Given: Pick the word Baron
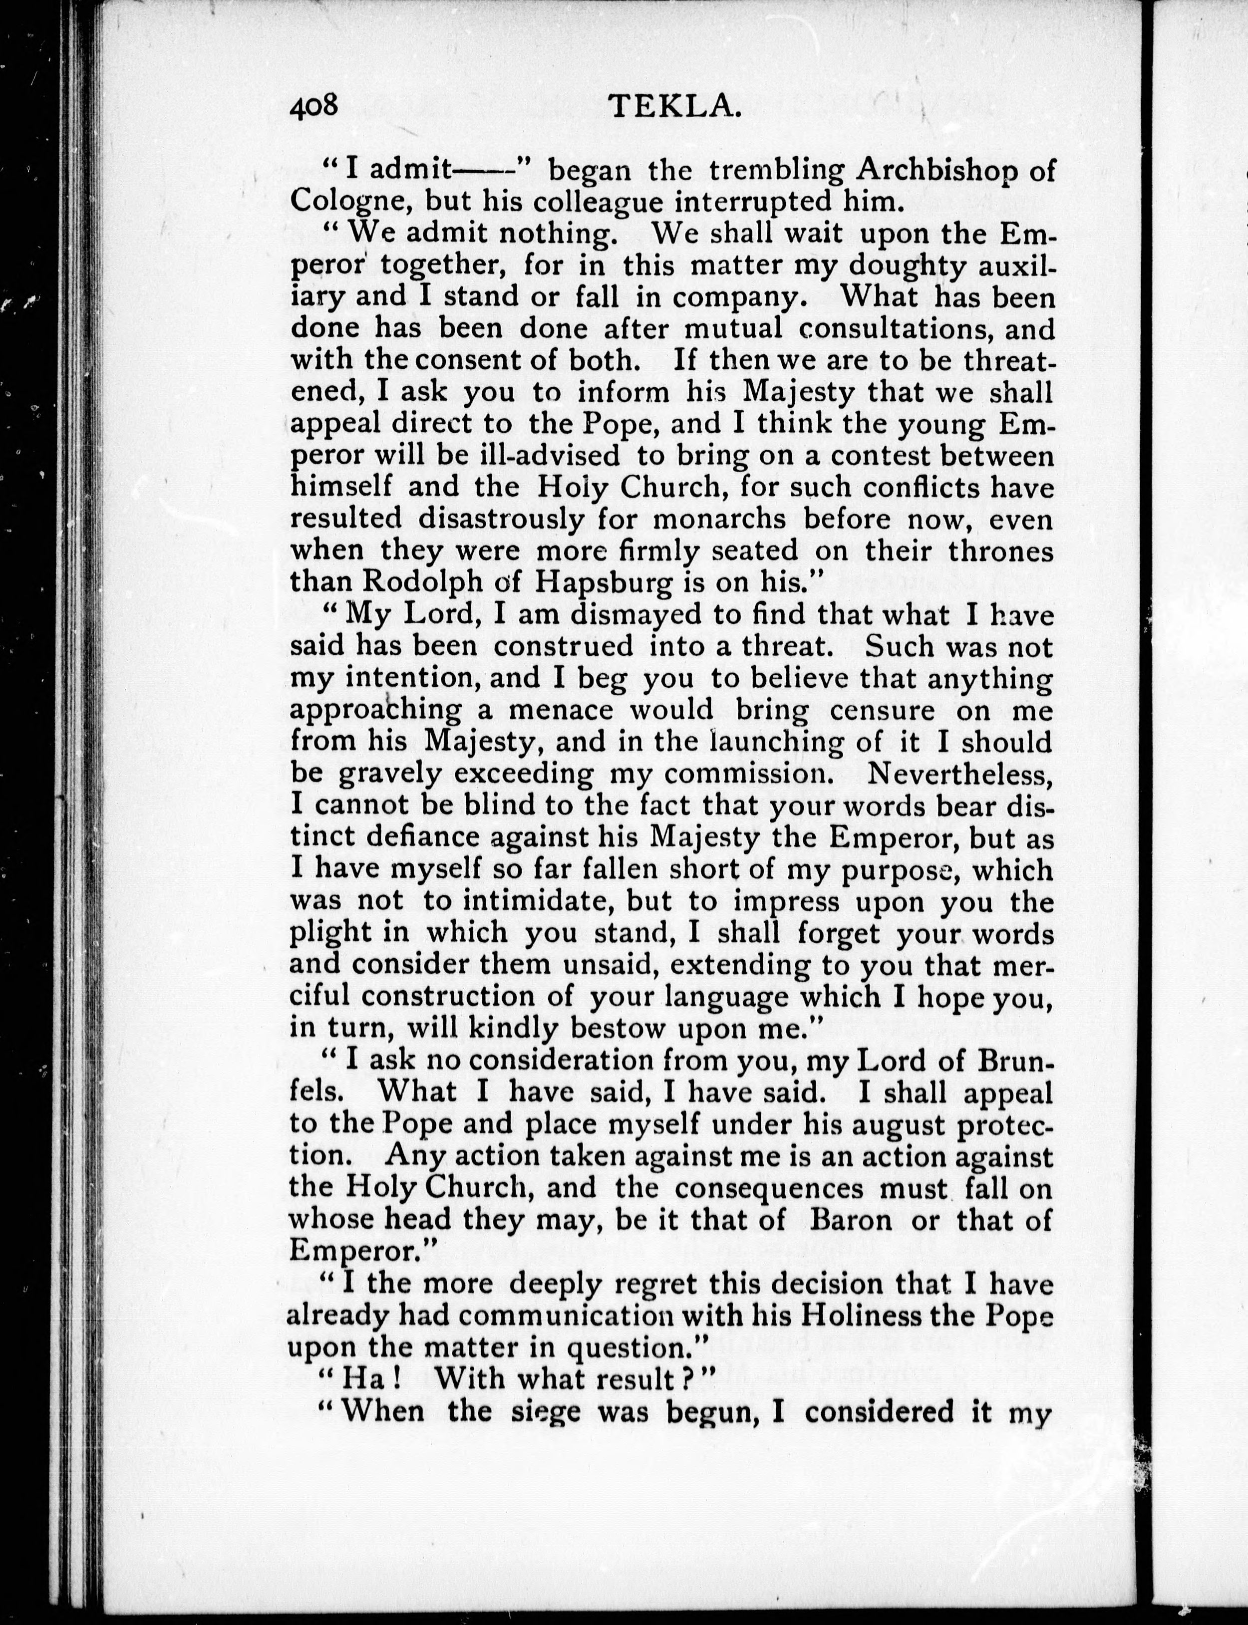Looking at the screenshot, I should (851, 1220).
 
